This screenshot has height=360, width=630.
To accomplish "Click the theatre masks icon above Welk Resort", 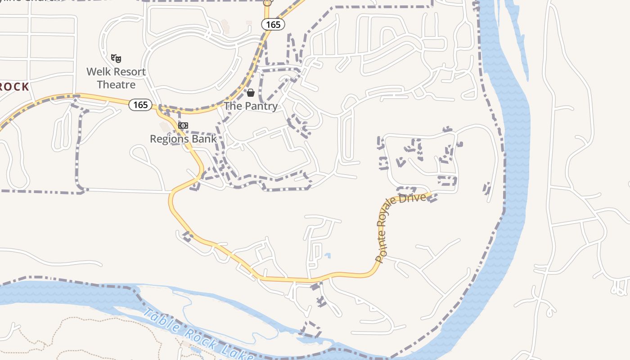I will click(x=116, y=58).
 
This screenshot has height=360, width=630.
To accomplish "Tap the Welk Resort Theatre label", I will click(x=116, y=78).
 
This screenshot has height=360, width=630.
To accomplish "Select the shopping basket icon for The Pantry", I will click(x=251, y=93).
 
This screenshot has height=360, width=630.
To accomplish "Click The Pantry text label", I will click(x=251, y=106).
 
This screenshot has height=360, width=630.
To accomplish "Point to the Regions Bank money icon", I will click(x=183, y=126).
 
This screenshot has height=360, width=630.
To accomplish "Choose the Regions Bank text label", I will click(x=183, y=139).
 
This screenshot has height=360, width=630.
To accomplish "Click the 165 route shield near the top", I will click(x=273, y=24).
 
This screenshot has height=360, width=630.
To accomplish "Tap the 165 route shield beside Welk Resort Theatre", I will click(x=140, y=105).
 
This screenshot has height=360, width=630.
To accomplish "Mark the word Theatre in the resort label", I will click(x=116, y=84).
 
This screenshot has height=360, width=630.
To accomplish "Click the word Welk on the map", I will click(x=99, y=72).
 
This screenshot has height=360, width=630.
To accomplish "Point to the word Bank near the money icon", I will click(x=205, y=139).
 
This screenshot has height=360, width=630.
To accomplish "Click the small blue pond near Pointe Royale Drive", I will click(x=328, y=256).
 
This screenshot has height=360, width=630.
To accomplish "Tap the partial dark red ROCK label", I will click(x=13, y=86).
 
